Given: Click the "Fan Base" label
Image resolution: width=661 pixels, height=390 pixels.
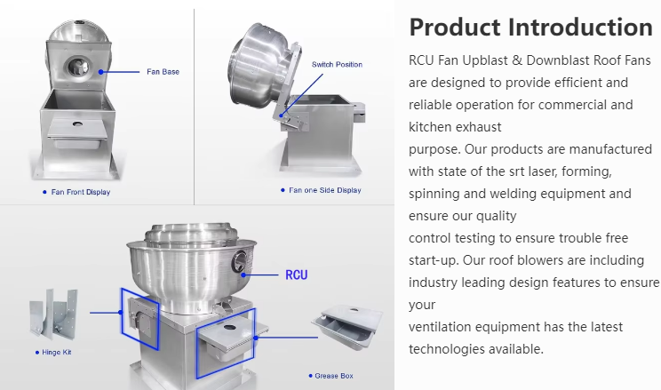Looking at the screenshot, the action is pos(163,72).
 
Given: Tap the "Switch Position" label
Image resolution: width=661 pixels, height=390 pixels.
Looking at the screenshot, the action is pos(337,65).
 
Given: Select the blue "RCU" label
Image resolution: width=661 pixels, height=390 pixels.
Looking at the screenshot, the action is pos(297,275).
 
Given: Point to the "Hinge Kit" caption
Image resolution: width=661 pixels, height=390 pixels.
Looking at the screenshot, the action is pos(57,352).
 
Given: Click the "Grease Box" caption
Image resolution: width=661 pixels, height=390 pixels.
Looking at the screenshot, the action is pos(334,376).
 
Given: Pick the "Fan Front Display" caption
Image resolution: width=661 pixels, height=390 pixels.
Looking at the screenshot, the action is pos(81,192).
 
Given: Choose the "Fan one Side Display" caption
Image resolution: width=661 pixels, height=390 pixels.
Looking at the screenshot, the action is pos(325,190).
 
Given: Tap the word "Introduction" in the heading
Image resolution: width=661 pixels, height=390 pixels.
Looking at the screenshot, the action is pos(580,28).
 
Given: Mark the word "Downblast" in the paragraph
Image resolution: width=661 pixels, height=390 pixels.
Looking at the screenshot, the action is pos(556,60).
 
